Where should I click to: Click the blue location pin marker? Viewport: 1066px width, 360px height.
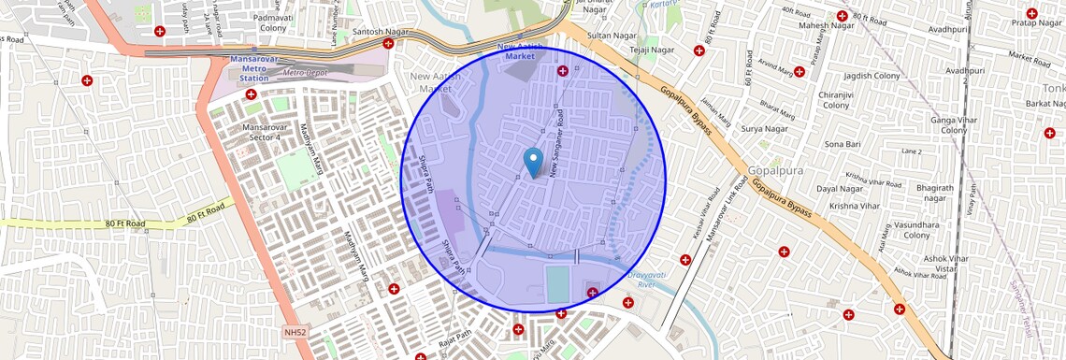point(533,162)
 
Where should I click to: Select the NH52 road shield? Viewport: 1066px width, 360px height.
point(295,332)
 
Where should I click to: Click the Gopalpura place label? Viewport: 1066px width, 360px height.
point(776,171)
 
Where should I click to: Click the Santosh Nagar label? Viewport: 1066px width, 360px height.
point(381,32)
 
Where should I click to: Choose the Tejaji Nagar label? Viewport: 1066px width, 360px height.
point(652,50)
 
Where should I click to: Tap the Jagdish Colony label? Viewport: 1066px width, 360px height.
point(872,76)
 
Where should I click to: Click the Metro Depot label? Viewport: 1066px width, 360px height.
point(307,73)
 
